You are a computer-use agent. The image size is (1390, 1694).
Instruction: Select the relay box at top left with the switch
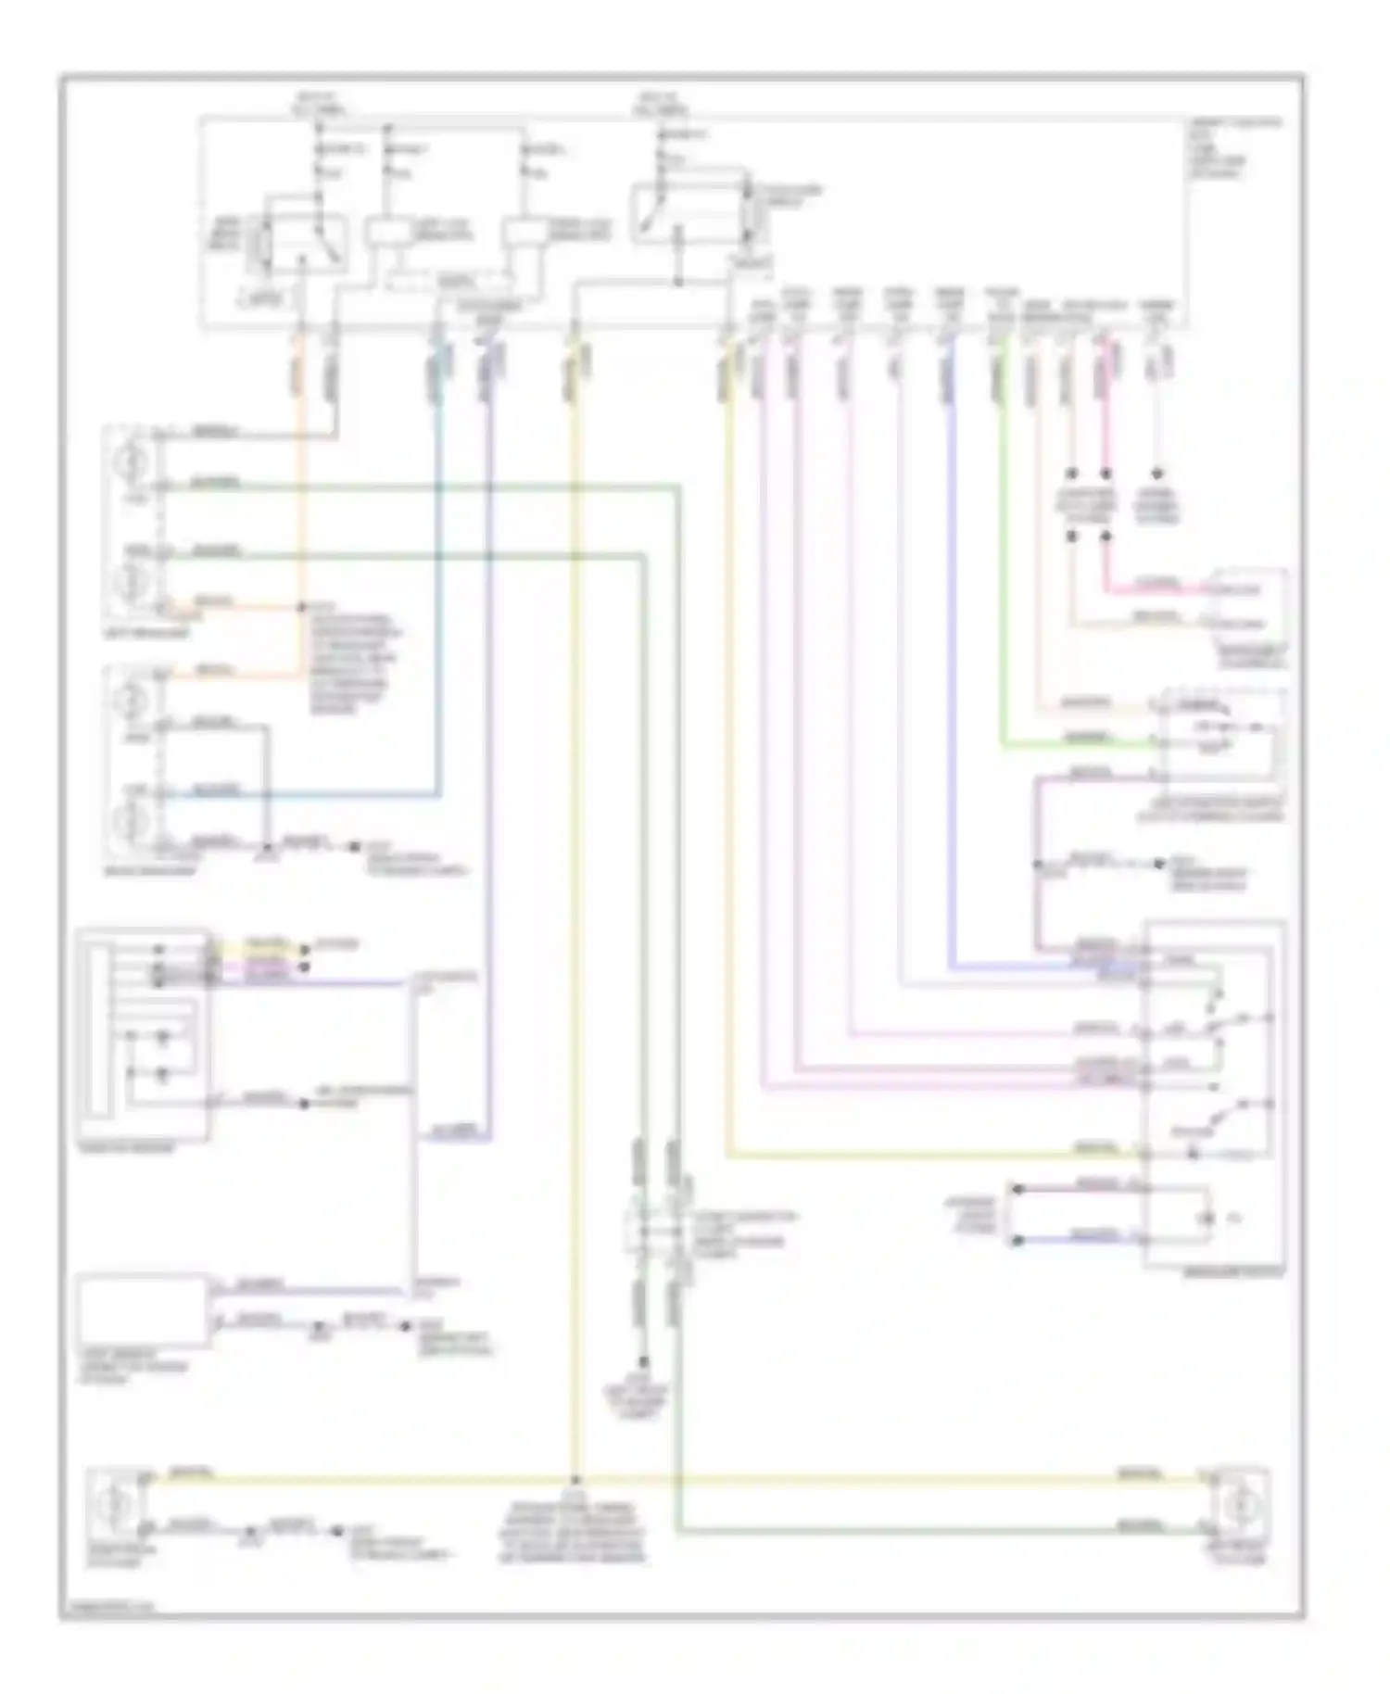pos(297,245)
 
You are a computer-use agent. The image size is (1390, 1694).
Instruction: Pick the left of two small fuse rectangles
pos(386,231)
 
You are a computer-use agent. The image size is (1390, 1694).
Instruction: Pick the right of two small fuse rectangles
pos(524,232)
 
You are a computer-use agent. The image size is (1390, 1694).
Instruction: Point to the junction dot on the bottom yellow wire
pos(575,1480)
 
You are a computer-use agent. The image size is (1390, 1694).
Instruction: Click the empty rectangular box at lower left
pos(142,1311)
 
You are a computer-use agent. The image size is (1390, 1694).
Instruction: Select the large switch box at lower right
pos(1215,1094)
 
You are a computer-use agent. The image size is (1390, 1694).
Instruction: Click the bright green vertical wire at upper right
pos(1002,556)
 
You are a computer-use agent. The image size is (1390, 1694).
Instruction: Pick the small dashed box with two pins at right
pos(1251,602)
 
